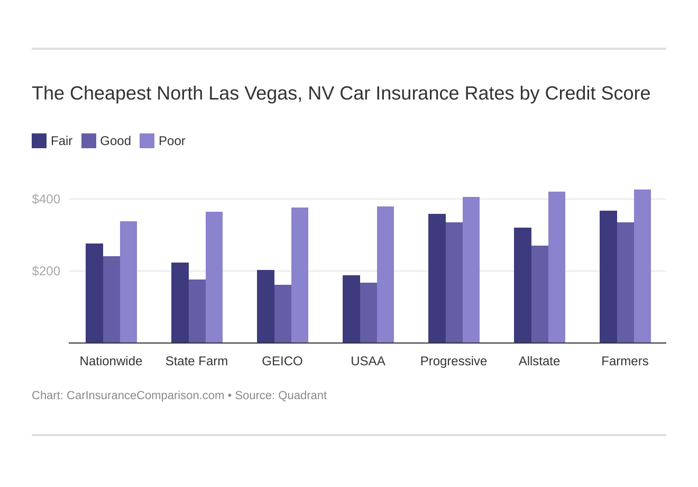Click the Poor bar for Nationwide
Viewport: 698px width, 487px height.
click(128, 282)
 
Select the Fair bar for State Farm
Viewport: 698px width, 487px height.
click(180, 303)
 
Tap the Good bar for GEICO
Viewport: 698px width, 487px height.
click(283, 314)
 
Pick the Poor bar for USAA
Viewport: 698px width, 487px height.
click(385, 275)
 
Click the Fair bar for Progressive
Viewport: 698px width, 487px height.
click(437, 278)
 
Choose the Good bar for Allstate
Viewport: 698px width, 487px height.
click(540, 294)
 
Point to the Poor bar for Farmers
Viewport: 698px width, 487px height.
click(642, 266)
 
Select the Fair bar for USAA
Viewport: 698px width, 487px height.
click(351, 309)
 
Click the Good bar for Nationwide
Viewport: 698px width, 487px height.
click(112, 300)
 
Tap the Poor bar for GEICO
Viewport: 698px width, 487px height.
click(300, 275)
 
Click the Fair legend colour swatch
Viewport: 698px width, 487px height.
click(39, 141)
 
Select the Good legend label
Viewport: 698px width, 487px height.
click(115, 141)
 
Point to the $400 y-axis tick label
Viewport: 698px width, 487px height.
click(47, 199)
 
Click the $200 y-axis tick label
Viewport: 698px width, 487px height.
click(47, 271)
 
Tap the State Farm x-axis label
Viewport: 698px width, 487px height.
click(197, 361)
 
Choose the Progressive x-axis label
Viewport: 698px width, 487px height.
click(454, 361)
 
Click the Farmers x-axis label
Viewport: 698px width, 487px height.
click(624, 361)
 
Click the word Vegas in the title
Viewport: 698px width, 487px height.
click(278, 94)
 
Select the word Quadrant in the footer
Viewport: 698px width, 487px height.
click(302, 395)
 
